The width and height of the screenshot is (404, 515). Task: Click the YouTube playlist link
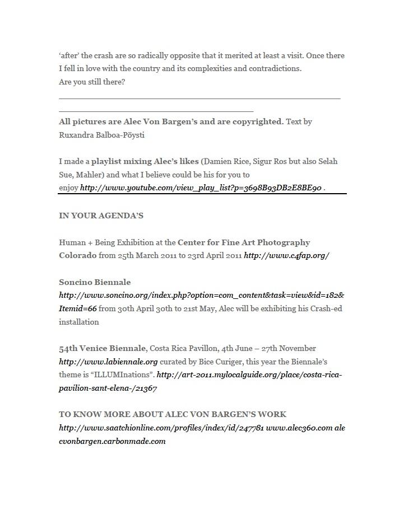pos(201,188)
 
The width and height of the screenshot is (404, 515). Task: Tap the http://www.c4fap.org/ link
pos(286,255)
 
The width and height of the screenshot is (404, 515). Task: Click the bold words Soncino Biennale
pos(95,282)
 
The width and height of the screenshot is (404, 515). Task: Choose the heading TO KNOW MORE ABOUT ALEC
pos(173,414)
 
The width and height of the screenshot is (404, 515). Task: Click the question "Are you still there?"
pos(92,82)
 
